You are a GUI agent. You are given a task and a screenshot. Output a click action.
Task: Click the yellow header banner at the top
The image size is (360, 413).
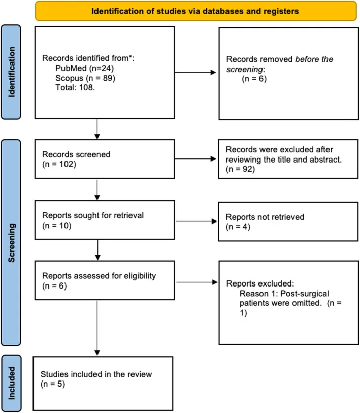[x=196, y=11]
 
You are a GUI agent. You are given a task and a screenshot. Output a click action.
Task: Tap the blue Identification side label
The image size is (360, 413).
[x=11, y=72]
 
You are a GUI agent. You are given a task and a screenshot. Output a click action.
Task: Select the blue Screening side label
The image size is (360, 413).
[x=11, y=243]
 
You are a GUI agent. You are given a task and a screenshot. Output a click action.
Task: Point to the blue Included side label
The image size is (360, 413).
[x=11, y=383]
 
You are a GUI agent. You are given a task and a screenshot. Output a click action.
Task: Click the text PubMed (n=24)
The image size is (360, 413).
[x=84, y=68]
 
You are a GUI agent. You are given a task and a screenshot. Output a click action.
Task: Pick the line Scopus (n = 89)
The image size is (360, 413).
[x=85, y=78]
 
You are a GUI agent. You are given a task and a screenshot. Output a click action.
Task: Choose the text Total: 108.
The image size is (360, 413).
[x=75, y=87]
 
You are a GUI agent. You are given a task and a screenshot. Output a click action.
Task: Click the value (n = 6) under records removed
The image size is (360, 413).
[x=254, y=79]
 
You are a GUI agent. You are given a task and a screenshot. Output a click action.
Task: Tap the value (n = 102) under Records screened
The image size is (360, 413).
[x=59, y=164]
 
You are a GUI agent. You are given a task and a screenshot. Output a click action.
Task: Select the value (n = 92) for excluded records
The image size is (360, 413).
[x=241, y=169]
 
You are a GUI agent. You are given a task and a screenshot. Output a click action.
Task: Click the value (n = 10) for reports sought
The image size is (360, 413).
[x=57, y=226]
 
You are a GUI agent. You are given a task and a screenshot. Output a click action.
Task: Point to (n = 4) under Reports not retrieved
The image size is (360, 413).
[x=238, y=227]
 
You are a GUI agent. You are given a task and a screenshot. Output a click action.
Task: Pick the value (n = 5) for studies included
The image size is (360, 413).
[x=53, y=384]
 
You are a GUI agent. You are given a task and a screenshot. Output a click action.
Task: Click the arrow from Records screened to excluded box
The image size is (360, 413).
[x=195, y=159]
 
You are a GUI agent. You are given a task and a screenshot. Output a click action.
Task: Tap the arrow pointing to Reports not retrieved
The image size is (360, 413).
[x=196, y=221]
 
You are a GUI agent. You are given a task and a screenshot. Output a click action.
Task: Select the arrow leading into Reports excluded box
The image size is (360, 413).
[x=197, y=282]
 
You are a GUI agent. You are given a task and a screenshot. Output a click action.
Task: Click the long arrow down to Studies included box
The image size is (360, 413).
[x=97, y=328]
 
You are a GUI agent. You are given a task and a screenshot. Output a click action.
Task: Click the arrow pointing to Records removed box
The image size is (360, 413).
[x=195, y=72]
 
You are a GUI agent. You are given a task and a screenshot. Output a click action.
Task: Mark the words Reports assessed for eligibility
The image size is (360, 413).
[x=99, y=276]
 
